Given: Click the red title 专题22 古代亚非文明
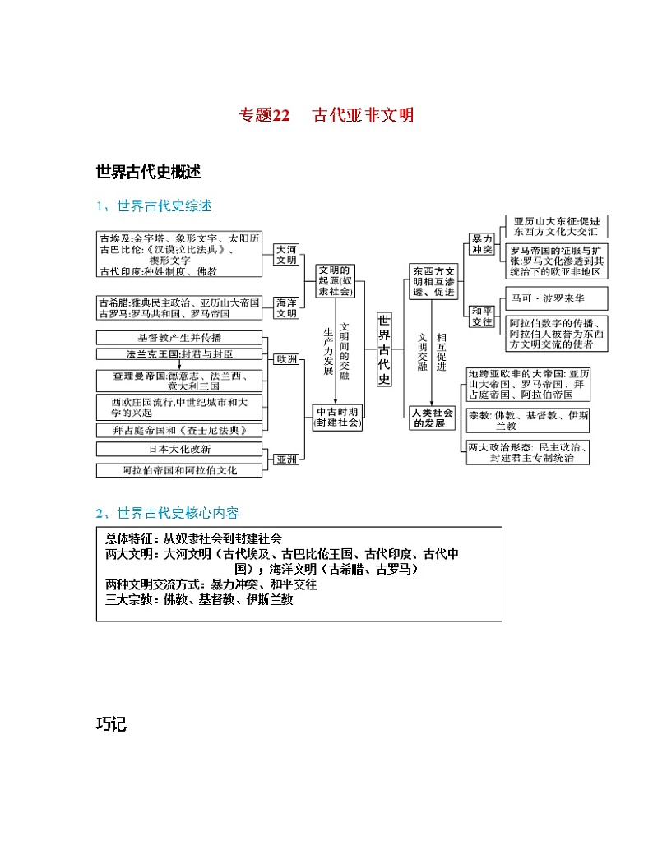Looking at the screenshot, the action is pyautogui.click(x=326, y=115).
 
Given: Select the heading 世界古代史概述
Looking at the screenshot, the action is pyautogui.click(x=148, y=172).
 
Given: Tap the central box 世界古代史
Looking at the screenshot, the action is pyautogui.click(x=384, y=350).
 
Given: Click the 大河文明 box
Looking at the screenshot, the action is pyautogui.click(x=286, y=253).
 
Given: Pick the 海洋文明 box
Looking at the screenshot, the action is pyautogui.click(x=286, y=307).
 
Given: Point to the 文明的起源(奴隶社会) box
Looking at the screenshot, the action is pyautogui.click(x=334, y=280).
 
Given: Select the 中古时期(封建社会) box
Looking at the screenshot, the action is pyautogui.click(x=336, y=417).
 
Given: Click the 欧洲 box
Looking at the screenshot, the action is pyautogui.click(x=287, y=359).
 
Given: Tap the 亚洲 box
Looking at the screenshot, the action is pyautogui.click(x=287, y=459).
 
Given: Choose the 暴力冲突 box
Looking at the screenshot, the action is pyautogui.click(x=481, y=243).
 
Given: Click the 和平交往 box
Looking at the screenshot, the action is pyautogui.click(x=481, y=316).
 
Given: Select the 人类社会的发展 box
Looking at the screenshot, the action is pyautogui.click(x=433, y=418).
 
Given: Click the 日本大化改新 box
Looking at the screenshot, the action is pyautogui.click(x=179, y=449).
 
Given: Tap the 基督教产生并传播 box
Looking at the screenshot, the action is pyautogui.click(x=179, y=337).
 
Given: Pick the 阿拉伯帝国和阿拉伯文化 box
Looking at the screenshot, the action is pyautogui.click(x=179, y=470).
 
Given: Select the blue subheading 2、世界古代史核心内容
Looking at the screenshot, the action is pyautogui.click(x=167, y=513).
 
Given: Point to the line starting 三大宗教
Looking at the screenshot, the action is pyautogui.click(x=199, y=600).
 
